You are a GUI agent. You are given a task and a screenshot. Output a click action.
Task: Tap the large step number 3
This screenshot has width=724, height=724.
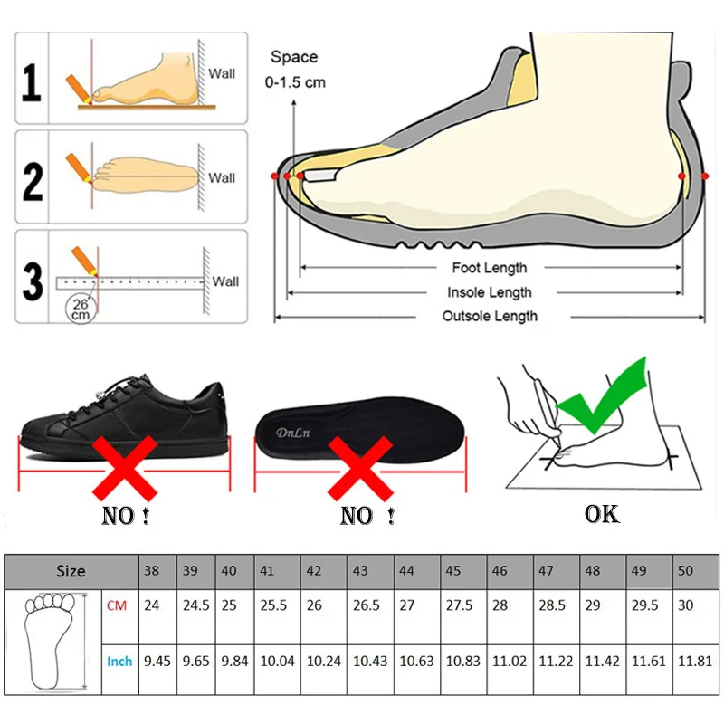pyautogui.click(x=33, y=281)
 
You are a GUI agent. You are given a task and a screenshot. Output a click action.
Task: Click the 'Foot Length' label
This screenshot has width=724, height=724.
pyautogui.click(x=489, y=268)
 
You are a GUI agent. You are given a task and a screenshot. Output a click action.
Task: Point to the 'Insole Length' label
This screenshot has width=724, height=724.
pyautogui.click(x=490, y=292)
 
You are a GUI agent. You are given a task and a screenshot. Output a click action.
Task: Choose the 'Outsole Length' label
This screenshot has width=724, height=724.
pyautogui.click(x=490, y=316)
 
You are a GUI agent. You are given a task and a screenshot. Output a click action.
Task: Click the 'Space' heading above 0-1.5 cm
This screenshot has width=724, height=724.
pyautogui.click(x=294, y=57)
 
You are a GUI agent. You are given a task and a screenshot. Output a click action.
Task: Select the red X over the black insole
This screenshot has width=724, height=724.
pyautogui.click(x=360, y=463)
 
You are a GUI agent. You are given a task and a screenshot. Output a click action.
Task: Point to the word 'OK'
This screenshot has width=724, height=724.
pyautogui.click(x=602, y=514)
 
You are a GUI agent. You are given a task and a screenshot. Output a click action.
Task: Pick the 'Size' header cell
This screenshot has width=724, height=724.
pyautogui.click(x=71, y=571)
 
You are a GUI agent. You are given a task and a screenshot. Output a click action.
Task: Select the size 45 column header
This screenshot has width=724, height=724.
pyautogui.click(x=453, y=571)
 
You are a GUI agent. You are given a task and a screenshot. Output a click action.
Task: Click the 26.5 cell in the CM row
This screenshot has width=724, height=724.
pyautogui.click(x=367, y=605)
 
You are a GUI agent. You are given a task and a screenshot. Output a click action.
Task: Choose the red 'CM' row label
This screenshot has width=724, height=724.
pyautogui.click(x=117, y=605)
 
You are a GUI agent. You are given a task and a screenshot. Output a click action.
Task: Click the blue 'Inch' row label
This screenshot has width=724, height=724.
pyautogui.click(x=119, y=662)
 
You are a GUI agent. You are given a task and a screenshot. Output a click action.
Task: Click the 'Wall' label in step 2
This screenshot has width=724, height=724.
pyautogui.click(x=222, y=177)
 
